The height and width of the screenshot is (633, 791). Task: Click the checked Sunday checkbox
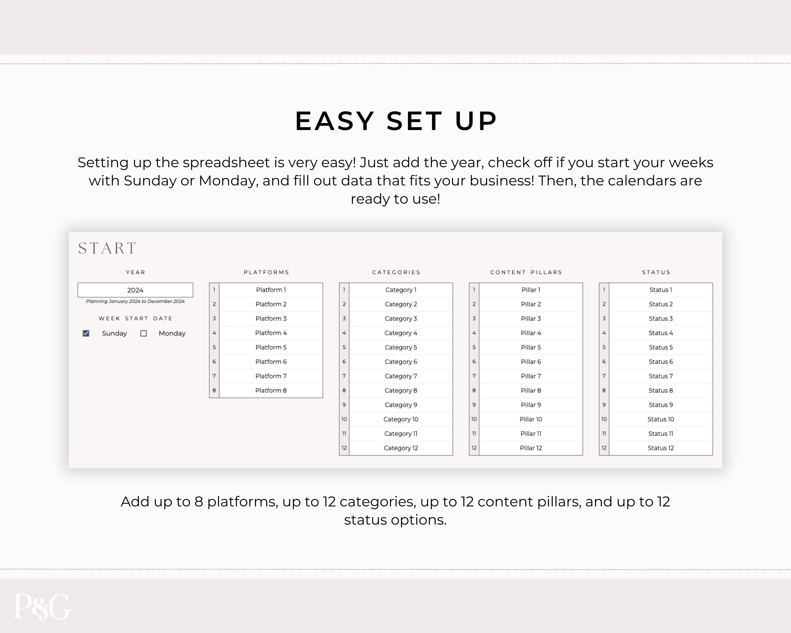pyautogui.click(x=86, y=333)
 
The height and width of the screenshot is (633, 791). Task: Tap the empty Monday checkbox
pyautogui.click(x=143, y=333)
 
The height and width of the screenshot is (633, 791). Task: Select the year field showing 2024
pyautogui.click(x=135, y=290)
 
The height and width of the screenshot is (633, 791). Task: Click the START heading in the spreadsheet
pyautogui.click(x=107, y=248)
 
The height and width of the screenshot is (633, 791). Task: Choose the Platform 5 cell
pyautogui.click(x=271, y=347)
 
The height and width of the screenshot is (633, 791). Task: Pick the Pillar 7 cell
pyautogui.click(x=531, y=376)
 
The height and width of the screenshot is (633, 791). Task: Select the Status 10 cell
pyautogui.click(x=661, y=419)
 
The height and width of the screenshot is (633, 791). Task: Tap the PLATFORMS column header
pyautogui.click(x=266, y=272)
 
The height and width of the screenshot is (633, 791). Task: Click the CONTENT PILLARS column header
pyautogui.click(x=526, y=272)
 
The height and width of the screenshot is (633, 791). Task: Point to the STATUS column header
pyautogui.click(x=656, y=272)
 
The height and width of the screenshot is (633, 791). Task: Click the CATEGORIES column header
pyautogui.click(x=396, y=272)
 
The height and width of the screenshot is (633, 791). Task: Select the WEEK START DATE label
pyautogui.click(x=135, y=319)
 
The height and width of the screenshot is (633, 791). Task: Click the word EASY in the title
pyautogui.click(x=335, y=121)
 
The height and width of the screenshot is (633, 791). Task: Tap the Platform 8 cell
pyautogui.click(x=271, y=390)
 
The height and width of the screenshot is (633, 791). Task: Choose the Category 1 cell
pyautogui.click(x=401, y=290)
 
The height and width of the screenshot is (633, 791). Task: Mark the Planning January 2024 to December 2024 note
pyautogui.click(x=135, y=301)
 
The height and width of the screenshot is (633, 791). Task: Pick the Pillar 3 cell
pyautogui.click(x=531, y=319)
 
